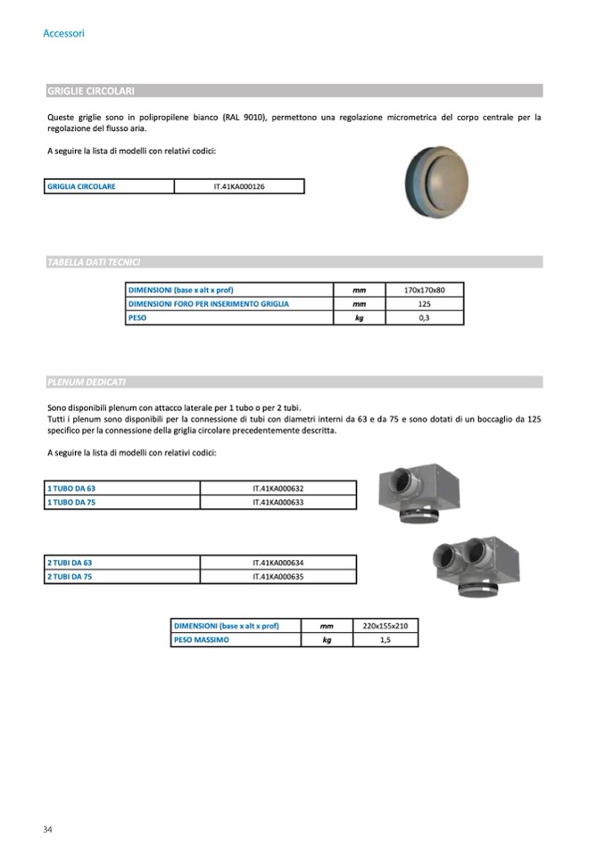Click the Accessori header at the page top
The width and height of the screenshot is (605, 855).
coord(63,34)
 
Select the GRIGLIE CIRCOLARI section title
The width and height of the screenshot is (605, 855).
coord(90,91)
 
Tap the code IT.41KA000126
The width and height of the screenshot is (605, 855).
coord(239,187)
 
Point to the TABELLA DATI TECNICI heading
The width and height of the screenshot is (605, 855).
coord(94,262)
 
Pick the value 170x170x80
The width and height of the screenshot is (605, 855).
coord(424,291)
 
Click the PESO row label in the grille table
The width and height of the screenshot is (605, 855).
coord(137,317)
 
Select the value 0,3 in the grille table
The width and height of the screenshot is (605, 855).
coord(424,317)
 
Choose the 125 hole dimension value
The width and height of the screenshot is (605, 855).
coord(424,304)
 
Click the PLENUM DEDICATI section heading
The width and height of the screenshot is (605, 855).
coord(87,382)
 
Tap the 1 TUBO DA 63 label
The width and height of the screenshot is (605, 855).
coord(70,489)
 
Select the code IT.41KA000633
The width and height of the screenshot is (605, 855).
coord(278,503)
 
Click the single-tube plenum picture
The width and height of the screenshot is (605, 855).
coord(419,493)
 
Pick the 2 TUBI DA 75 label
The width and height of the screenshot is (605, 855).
coord(70,578)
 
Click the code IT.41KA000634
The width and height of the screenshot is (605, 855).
coord(278,563)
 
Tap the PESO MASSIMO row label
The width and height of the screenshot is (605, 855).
coord(201,639)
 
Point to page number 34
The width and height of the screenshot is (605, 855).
coord(47,830)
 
